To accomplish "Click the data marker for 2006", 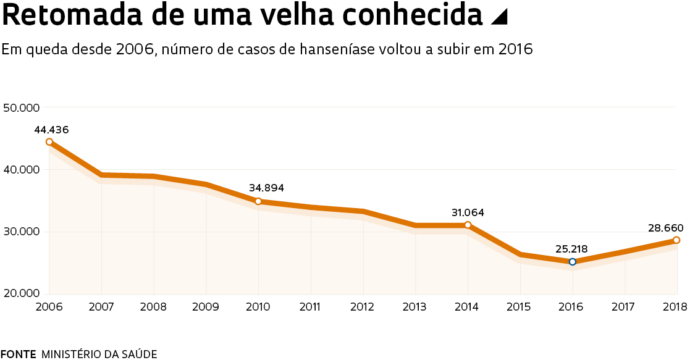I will pos(49,142).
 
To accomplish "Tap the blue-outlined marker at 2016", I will pos(573,262).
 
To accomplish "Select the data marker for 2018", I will pos(676,240).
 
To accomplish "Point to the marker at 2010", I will pos(258,201).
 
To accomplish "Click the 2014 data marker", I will pos(468,225).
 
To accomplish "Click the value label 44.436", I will pos(51,130).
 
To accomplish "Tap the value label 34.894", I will pos(266,188).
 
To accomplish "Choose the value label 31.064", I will pos(468,212).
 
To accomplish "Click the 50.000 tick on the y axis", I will pos(22,107).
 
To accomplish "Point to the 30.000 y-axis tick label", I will pos(22,232).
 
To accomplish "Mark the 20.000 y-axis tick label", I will pos(22,293).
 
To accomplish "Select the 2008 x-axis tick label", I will pos(153,307).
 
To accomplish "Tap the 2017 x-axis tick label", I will pos(625,307).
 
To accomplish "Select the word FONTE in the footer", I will pos(19,354).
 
